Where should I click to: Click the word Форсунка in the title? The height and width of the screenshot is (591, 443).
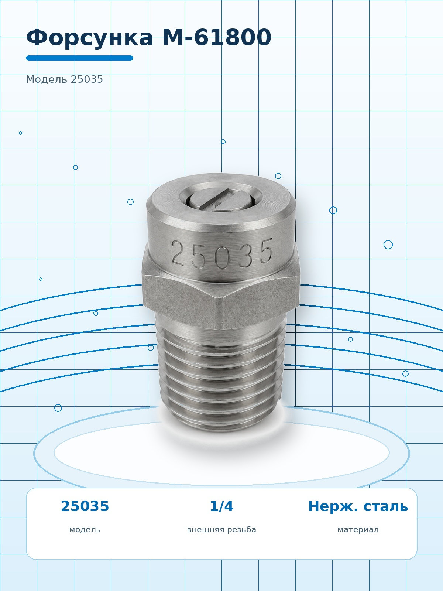(x=90, y=38)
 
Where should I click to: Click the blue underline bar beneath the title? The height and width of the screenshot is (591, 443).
(x=80, y=58)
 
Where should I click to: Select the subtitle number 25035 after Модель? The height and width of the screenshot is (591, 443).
(x=87, y=79)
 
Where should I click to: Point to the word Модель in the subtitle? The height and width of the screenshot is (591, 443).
(x=47, y=79)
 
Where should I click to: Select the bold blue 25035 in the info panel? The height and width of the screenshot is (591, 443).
(x=85, y=506)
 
